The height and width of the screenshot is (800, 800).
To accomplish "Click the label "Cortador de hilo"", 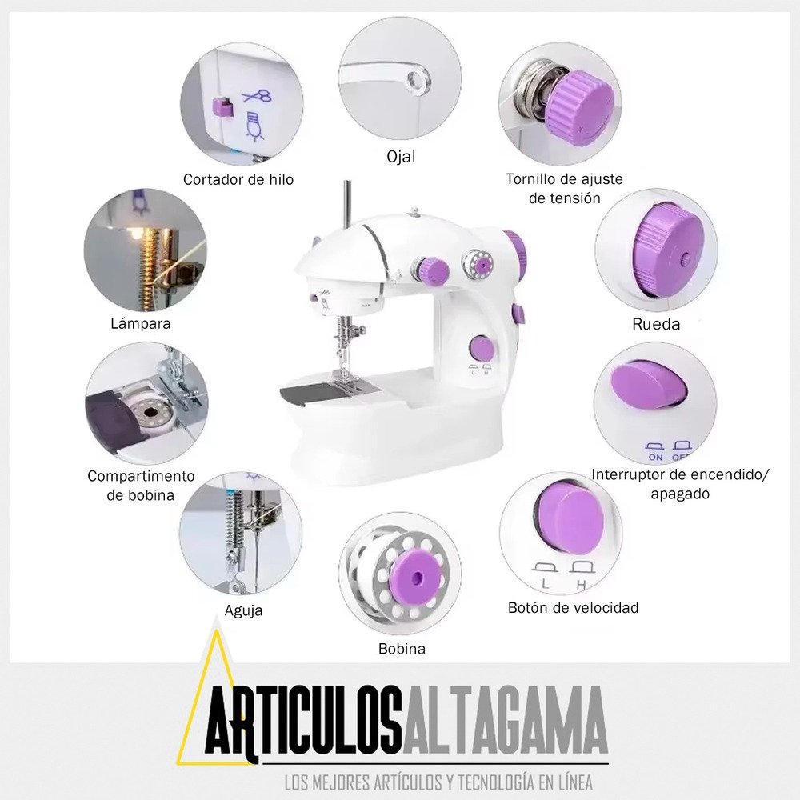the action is [238, 179].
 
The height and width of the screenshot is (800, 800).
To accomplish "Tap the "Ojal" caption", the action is [401, 157].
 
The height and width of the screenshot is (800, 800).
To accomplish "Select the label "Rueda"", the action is [656, 324].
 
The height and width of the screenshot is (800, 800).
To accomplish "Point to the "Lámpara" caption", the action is [140, 323].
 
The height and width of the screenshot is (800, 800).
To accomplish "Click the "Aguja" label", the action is [243, 610].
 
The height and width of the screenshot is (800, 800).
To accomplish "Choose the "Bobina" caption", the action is [402, 649].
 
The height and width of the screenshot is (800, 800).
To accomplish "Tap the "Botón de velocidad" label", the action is [573, 608].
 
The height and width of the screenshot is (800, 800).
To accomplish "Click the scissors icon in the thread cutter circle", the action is [257, 96].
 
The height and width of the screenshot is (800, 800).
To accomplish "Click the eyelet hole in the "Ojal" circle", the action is [418, 79].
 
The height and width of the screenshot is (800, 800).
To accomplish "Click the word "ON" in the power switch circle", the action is [655, 457].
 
